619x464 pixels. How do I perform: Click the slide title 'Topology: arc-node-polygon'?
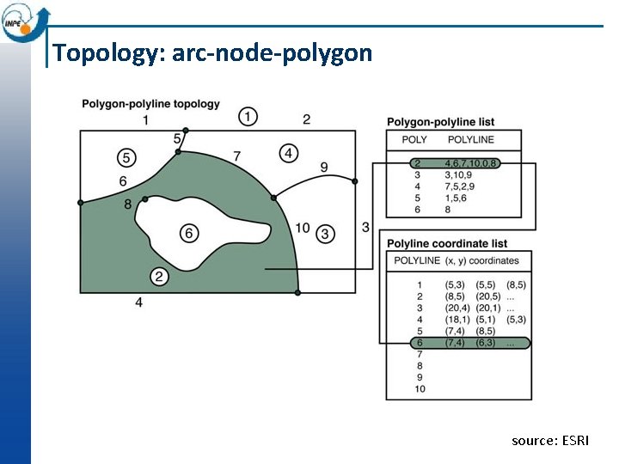point(212,53)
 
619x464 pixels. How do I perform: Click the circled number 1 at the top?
point(248,116)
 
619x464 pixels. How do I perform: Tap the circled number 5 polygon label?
point(126,157)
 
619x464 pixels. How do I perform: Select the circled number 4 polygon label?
point(289,153)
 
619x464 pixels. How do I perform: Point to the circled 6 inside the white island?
point(189,233)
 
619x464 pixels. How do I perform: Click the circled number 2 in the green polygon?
point(159,276)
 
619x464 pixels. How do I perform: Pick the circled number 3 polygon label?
point(325,233)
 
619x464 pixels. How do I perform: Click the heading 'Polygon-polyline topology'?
point(150,104)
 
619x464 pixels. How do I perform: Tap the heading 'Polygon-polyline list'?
point(440,122)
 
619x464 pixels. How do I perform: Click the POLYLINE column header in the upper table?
point(471,139)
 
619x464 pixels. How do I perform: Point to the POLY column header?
point(414,139)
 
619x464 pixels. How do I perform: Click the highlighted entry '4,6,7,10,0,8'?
point(472,162)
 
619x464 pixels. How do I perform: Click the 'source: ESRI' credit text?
point(550,441)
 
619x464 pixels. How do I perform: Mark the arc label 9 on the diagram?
point(323,167)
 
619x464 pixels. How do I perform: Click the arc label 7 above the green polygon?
point(236,156)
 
